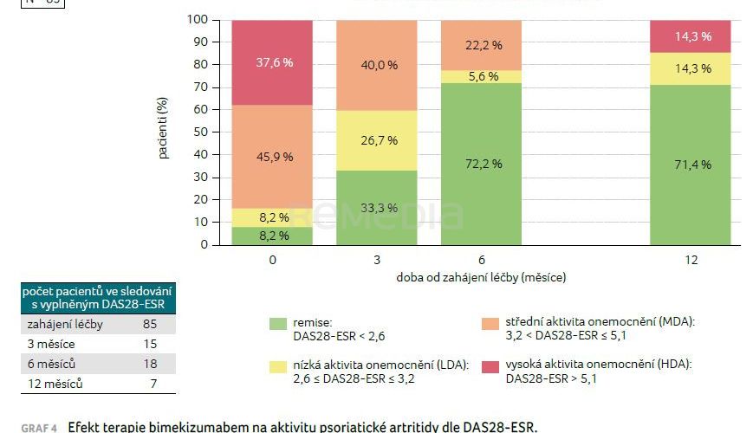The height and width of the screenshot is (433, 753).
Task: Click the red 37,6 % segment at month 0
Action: (x=271, y=61)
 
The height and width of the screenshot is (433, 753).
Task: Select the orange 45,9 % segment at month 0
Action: (x=271, y=157)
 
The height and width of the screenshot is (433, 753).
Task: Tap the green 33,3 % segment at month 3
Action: (x=376, y=208)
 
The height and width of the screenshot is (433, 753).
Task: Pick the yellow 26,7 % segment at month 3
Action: (x=376, y=140)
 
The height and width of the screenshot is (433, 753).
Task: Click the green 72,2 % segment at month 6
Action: (x=481, y=164)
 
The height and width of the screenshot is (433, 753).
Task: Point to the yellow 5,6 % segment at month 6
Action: (x=481, y=77)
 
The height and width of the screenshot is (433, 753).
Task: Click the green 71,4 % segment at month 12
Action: (x=691, y=165)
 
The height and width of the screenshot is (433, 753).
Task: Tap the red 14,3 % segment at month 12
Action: (x=691, y=36)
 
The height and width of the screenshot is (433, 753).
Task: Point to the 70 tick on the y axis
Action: (x=198, y=87)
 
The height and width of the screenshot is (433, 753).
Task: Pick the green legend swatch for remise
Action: (x=277, y=323)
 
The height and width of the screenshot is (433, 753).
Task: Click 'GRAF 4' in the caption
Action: (x=39, y=427)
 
